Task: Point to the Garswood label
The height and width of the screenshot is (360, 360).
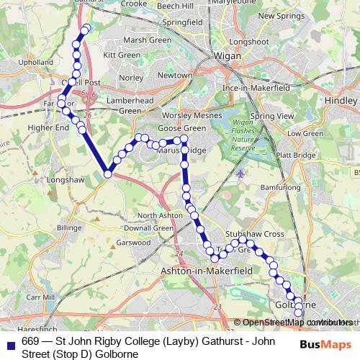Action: (134, 243)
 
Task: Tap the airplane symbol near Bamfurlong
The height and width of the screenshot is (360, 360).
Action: (240, 174)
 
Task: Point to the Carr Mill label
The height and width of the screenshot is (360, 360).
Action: (40, 297)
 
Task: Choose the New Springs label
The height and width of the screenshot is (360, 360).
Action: (277, 15)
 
